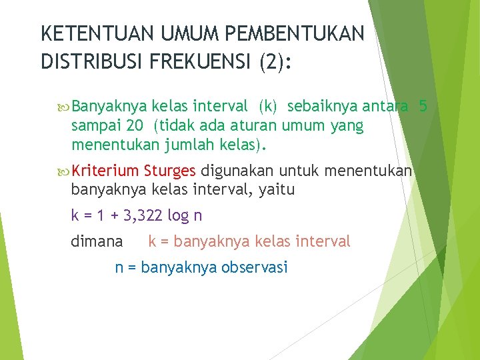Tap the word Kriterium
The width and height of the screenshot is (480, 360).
[x=106, y=171]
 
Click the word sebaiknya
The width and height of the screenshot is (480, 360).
[x=321, y=106]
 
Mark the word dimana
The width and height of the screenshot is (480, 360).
[x=97, y=241]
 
